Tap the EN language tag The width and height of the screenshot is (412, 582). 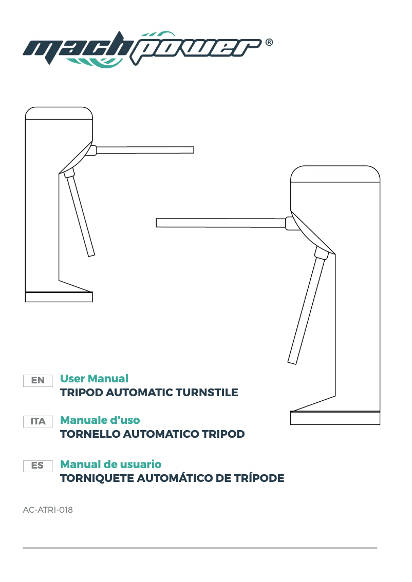click(38, 380)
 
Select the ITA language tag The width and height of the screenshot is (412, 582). click(38, 421)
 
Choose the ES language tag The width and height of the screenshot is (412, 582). click(38, 465)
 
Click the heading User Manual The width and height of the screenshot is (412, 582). click(94, 379)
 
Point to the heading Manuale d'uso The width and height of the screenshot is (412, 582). click(100, 420)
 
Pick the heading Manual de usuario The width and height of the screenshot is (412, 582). click(110, 464)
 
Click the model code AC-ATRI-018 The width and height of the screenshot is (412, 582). click(48, 510)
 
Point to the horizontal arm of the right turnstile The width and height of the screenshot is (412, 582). click(221, 222)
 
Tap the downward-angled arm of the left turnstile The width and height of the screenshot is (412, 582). click(82, 216)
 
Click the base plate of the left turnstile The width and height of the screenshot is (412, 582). click(59, 297)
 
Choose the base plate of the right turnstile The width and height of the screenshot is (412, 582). click(335, 418)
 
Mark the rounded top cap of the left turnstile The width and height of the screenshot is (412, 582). click(59, 112)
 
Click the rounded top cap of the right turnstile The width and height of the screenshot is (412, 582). click(335, 174)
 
